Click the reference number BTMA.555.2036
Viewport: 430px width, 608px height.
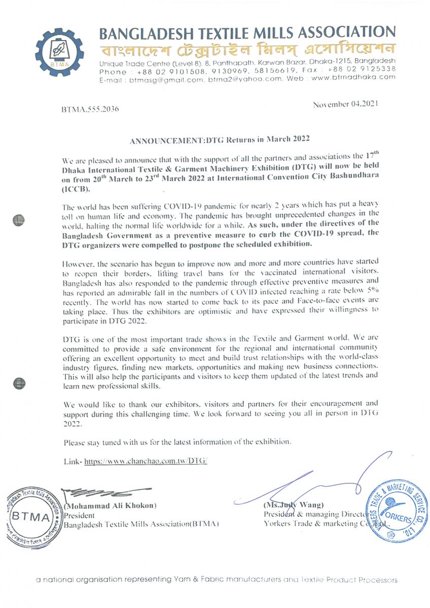click(x=90, y=109)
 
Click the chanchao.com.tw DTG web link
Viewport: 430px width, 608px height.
click(x=146, y=462)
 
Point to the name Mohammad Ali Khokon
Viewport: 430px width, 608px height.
click(x=110, y=506)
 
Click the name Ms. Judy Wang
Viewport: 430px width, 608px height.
click(x=288, y=505)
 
